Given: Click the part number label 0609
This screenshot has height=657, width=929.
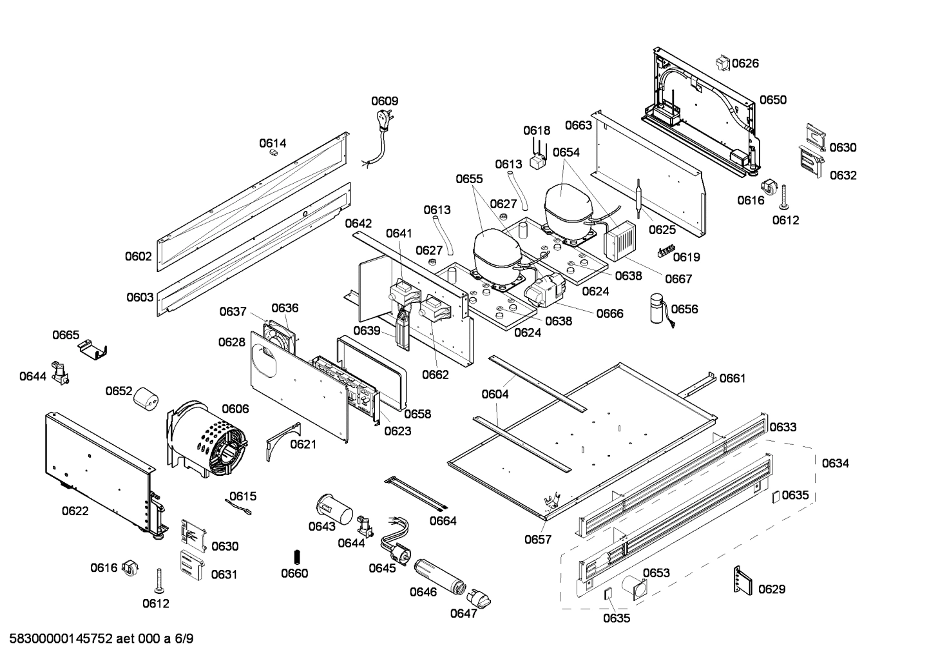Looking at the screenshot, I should (384, 101).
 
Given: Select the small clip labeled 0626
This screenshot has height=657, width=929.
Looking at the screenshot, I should (722, 63).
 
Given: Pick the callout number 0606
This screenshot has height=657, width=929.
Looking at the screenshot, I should (235, 409).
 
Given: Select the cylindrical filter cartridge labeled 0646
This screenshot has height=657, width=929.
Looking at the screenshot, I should (438, 576).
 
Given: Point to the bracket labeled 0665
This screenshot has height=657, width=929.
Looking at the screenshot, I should (93, 350).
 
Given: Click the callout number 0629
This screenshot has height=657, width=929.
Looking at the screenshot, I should (771, 589).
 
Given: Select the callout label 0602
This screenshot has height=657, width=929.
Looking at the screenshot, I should (139, 257).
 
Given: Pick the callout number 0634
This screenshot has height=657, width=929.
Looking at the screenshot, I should (835, 463).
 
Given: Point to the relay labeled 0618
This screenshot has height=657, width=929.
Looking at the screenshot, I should (537, 161).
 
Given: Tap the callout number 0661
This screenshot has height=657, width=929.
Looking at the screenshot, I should (732, 378).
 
